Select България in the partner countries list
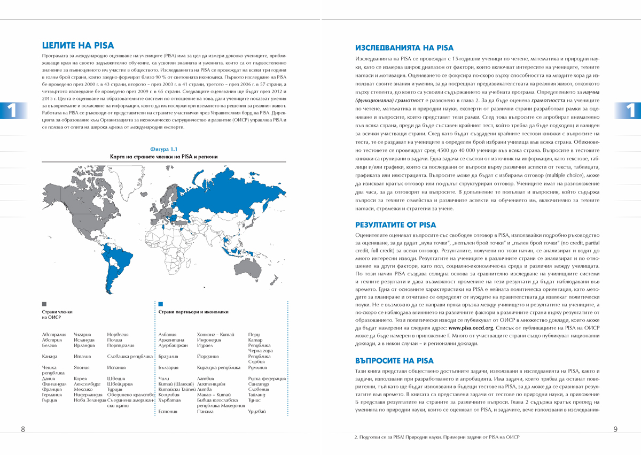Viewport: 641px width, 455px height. tap(170, 367)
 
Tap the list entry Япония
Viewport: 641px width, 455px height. tap(83, 367)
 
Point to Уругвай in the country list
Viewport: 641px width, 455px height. tap(257, 411)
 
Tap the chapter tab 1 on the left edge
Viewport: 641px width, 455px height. tap(10, 111)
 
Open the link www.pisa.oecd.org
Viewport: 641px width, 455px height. tap(471, 328)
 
